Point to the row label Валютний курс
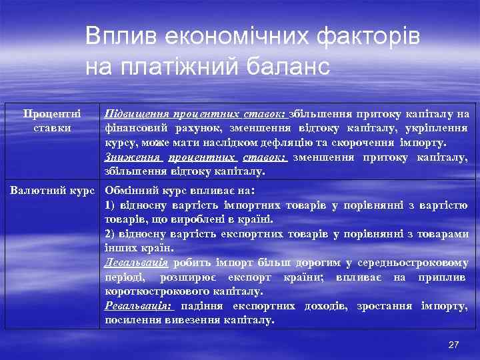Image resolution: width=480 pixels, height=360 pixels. (x=53, y=190)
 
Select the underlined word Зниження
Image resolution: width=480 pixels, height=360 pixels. (x=133, y=157)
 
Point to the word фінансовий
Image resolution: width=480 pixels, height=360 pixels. (x=133, y=129)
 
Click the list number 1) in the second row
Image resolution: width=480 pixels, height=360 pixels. (x=110, y=205)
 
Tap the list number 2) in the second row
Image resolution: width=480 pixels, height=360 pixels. (x=110, y=234)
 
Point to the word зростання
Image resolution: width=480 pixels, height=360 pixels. (x=385, y=306)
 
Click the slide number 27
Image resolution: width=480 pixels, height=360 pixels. (x=453, y=345)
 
